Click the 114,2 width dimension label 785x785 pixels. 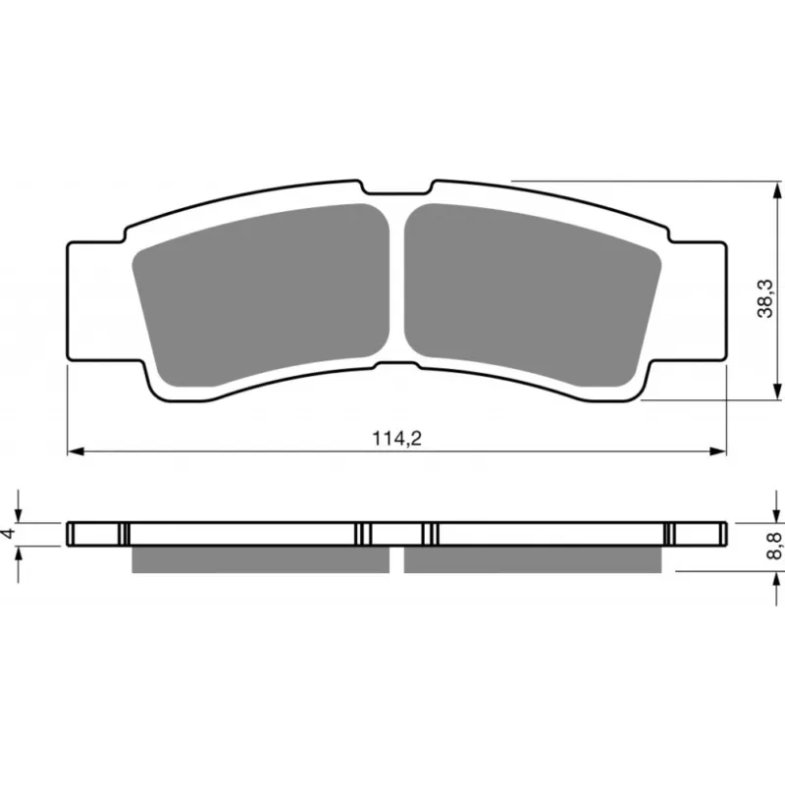pos(397,439)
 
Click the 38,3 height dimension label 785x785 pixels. pos(765,299)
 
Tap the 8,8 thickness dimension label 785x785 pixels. pos(775,546)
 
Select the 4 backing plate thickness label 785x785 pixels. pos(9,533)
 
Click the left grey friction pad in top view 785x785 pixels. pos(261,295)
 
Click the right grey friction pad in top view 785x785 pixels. pos(533,295)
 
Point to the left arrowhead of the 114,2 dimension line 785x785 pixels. pos(76,451)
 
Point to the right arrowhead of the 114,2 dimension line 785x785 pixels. pos(718,451)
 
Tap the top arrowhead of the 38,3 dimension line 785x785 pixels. pos(777,190)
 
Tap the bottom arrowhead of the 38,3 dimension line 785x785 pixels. pos(777,392)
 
